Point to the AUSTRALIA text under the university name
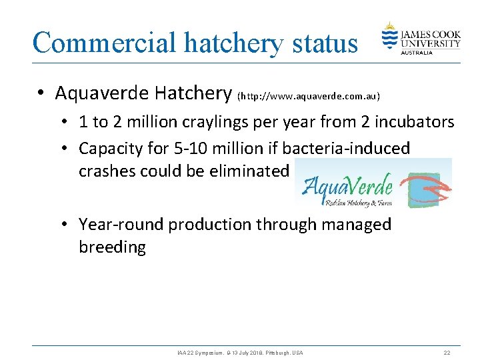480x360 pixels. click(417, 52)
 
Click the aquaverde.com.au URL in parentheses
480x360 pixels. click(309, 96)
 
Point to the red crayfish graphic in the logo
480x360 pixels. click(427, 187)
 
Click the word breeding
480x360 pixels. click(112, 247)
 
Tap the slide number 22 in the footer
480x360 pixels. click(447, 352)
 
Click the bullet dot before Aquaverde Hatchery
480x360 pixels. click(41, 94)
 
